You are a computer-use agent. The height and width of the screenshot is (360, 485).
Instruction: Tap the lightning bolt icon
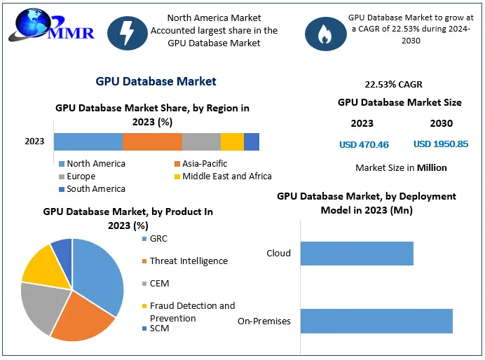[x=127, y=32]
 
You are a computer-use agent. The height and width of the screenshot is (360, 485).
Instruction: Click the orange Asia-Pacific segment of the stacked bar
[x=152, y=141]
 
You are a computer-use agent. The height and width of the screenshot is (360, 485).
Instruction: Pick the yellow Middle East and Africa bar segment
[x=232, y=141]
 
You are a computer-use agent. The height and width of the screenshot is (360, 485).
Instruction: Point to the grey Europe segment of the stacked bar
[x=201, y=141]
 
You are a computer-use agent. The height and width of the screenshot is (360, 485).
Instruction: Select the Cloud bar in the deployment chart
[x=357, y=254]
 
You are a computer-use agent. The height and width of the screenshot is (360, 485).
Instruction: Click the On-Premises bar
[x=376, y=321]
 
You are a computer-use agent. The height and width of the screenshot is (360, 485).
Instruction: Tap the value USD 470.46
[x=364, y=145]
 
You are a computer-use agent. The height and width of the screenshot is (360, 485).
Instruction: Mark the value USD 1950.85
[x=442, y=144]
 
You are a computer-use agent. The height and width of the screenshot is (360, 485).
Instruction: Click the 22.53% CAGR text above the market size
[x=393, y=85]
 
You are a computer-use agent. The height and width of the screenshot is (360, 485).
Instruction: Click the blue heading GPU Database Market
[x=156, y=82]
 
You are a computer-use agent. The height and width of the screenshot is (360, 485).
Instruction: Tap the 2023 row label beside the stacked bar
[x=34, y=141]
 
